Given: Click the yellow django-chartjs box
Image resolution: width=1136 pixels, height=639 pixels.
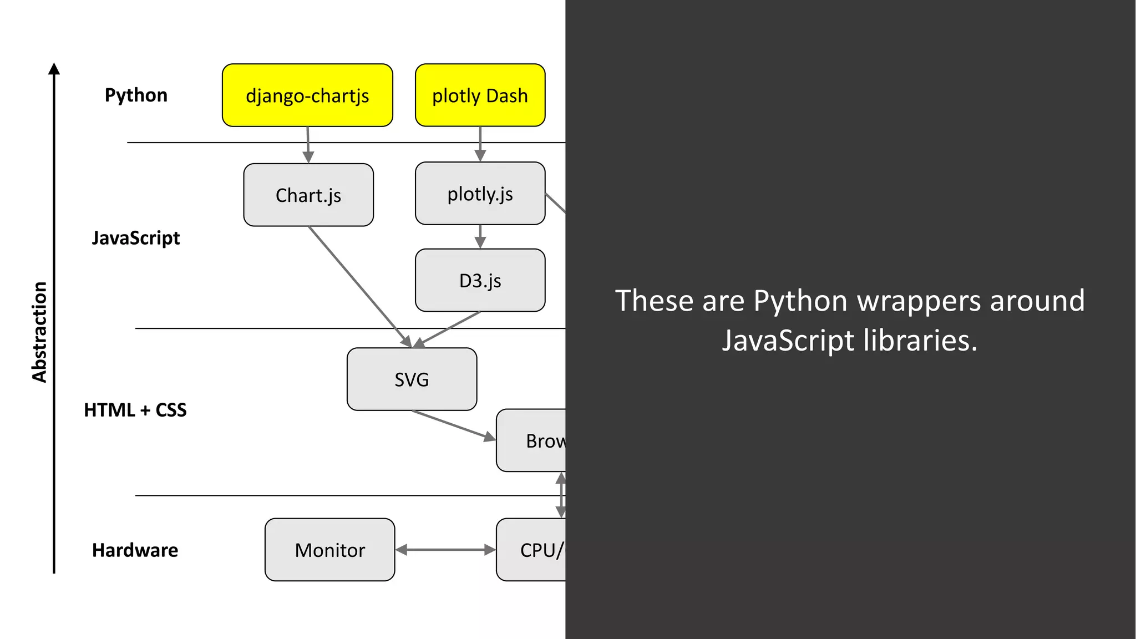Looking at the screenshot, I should [307, 95].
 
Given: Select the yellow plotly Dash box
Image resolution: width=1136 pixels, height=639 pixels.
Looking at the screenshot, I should [480, 95].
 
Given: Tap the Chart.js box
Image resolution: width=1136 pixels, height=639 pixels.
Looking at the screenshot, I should [308, 195].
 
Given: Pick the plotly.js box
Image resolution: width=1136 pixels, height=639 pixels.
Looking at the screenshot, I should [480, 194].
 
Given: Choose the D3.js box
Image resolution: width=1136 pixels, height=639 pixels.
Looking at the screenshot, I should [480, 280].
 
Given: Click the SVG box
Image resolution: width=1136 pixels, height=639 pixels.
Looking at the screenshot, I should [412, 379].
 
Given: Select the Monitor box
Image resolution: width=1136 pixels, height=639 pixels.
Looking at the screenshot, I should [329, 550].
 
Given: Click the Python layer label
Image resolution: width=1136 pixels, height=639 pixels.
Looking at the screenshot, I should [136, 95].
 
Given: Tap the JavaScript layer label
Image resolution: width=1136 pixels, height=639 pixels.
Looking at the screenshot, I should [136, 238].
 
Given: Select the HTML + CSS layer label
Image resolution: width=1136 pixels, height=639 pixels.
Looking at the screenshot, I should [135, 410].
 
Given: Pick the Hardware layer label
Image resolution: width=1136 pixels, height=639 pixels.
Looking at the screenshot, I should [135, 550].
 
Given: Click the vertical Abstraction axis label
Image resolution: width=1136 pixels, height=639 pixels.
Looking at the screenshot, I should [39, 332].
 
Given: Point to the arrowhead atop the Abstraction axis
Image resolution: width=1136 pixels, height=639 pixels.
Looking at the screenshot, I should [54, 69].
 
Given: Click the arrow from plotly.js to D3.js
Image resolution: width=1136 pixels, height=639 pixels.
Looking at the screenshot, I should [480, 236].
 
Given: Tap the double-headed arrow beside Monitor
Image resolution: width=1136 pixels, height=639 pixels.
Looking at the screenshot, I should [445, 550].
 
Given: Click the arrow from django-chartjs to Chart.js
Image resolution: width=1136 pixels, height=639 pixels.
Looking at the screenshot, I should [308, 145].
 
